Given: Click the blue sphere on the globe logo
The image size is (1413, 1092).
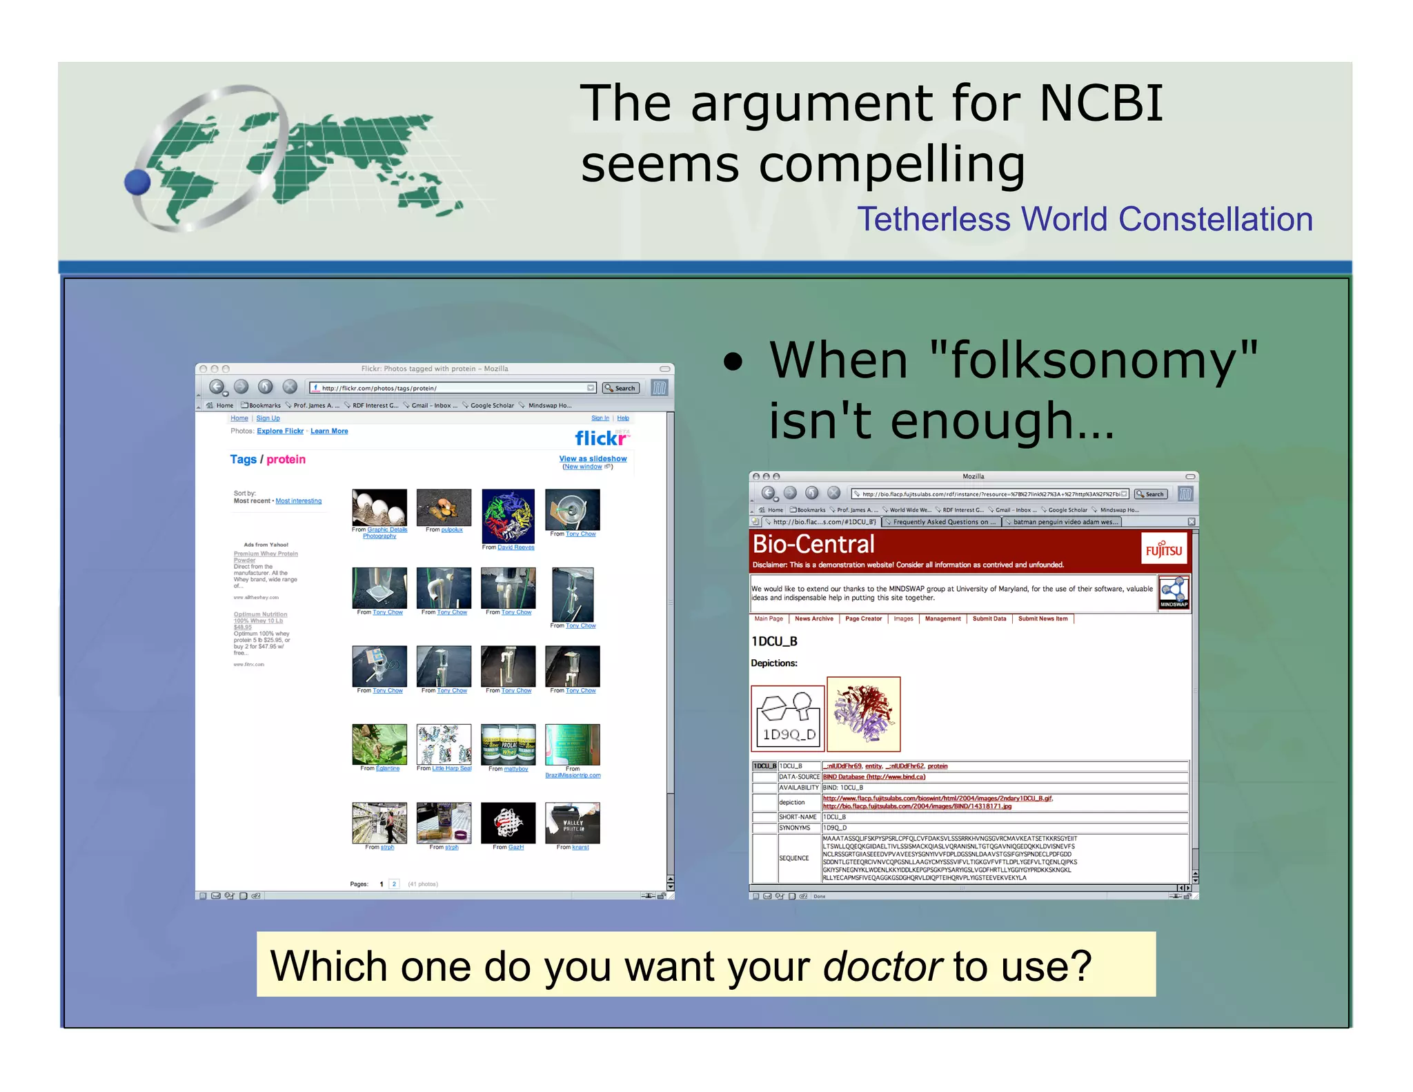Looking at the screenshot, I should tap(137, 182).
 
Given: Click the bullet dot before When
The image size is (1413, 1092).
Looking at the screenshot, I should tap(733, 362).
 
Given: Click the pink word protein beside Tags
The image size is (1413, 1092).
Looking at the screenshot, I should tap(286, 460).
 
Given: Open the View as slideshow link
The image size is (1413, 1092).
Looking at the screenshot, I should tap(593, 458).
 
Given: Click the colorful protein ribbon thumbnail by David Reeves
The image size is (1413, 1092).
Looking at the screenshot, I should tap(508, 516).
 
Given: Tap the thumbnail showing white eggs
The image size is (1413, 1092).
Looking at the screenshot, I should tap(379, 507).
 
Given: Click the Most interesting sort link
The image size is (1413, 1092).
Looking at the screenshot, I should tap(298, 501).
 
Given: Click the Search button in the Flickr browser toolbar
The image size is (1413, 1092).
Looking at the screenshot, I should tap(620, 388).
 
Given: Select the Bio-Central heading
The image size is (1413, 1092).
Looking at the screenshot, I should tap(813, 545).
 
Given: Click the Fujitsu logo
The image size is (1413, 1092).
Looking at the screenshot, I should tap(1164, 549).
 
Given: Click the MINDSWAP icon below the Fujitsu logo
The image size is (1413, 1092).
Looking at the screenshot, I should tap(1174, 592).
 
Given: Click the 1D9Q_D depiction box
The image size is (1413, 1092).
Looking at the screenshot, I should tap(788, 718).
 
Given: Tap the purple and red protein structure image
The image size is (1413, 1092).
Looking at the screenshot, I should tap(863, 714).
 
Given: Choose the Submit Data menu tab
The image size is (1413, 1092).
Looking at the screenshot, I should tap(989, 618).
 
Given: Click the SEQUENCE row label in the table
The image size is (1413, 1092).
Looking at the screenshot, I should tap(793, 858).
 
